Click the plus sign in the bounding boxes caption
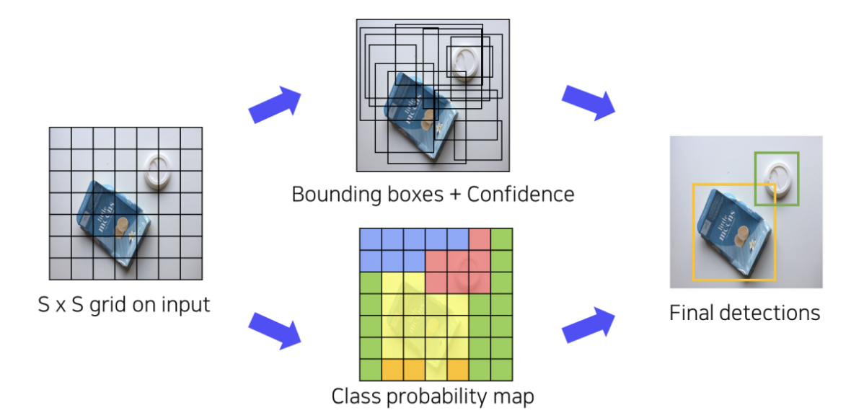click(x=433, y=194)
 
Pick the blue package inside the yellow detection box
click(x=730, y=232)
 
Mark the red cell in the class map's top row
click(x=480, y=239)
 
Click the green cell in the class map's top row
click(x=501, y=239)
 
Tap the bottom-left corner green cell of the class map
click(x=370, y=369)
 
